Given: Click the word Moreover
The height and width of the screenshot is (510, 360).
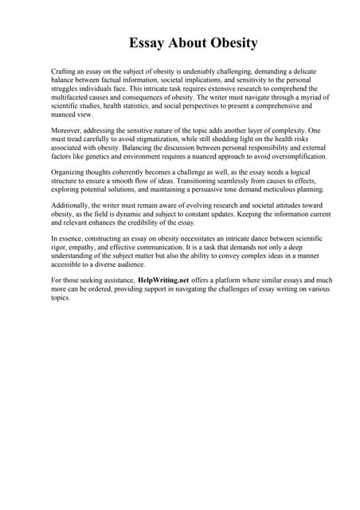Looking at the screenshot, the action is [68, 128].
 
